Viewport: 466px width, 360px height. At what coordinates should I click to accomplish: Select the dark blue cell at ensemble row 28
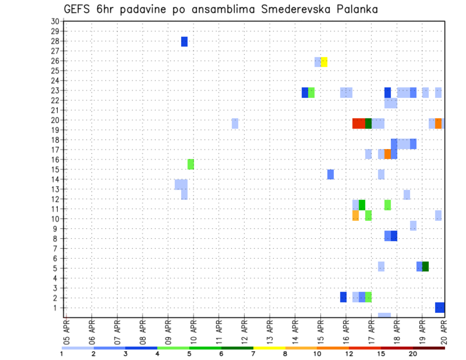pyautogui.click(x=184, y=42)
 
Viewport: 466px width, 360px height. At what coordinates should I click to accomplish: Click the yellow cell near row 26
pyautogui.click(x=324, y=62)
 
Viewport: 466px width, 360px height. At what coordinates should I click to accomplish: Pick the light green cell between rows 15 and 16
pyautogui.click(x=191, y=164)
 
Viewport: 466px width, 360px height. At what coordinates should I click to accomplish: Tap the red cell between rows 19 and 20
pyautogui.click(x=359, y=123)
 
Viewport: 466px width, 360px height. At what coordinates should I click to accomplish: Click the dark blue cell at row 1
pyautogui.click(x=440, y=308)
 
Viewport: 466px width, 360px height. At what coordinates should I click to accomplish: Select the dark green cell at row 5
pyautogui.click(x=425, y=266)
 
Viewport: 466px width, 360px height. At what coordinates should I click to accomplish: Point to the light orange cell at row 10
pyautogui.click(x=355, y=215)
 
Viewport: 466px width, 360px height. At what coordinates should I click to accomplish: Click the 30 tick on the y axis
pyautogui.click(x=55, y=21)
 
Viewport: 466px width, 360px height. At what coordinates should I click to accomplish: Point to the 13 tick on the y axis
pyautogui.click(x=55, y=189)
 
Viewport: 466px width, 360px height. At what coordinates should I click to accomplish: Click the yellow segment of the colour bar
pyautogui.click(x=269, y=348)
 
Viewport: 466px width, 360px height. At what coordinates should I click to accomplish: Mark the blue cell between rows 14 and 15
pyautogui.click(x=331, y=174)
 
